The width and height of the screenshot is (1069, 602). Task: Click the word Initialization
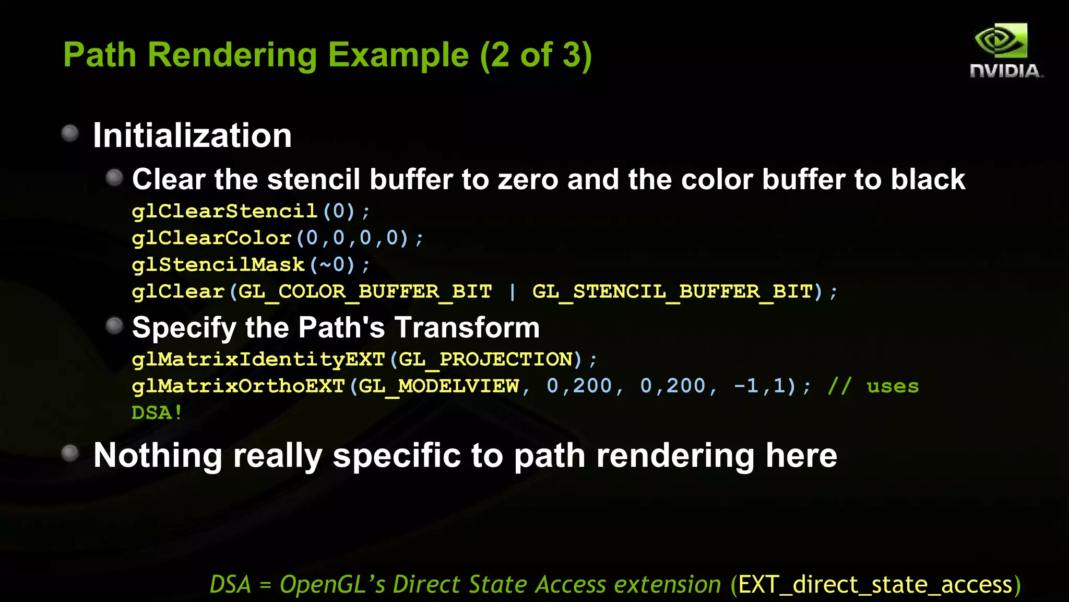point(192,136)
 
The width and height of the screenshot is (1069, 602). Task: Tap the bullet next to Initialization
point(70,133)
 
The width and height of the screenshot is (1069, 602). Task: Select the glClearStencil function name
point(224,212)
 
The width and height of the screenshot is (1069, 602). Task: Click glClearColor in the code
point(211,238)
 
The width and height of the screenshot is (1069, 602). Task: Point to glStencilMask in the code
point(218,265)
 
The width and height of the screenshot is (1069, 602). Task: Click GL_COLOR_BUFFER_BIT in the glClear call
point(365,292)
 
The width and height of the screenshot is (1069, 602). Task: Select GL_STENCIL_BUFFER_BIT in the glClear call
point(672,292)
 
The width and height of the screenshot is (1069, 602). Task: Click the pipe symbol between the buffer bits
point(512,292)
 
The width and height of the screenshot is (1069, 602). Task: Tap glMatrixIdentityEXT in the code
point(258,360)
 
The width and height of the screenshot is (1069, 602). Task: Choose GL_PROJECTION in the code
point(486,360)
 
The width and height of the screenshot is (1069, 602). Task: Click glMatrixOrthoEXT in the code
point(238,386)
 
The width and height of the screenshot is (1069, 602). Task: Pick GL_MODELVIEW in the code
point(439,386)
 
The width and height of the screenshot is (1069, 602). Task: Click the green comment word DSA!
point(157,413)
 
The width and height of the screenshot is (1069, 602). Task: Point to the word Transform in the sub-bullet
point(467,328)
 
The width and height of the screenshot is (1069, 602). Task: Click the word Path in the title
point(100,55)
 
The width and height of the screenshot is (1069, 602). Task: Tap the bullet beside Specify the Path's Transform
point(114,326)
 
